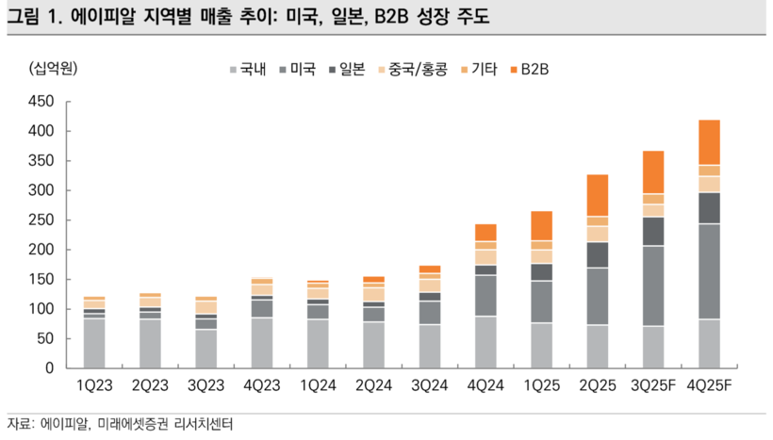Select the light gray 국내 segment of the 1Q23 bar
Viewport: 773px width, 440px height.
(93, 344)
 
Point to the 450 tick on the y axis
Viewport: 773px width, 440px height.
(42, 102)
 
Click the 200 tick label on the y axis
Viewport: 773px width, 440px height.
(42, 250)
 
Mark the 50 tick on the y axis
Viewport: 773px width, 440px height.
(46, 338)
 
